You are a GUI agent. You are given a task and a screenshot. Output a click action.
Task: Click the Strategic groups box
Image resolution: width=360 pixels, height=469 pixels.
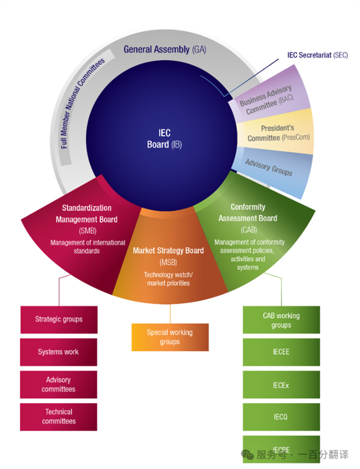tap(58, 320)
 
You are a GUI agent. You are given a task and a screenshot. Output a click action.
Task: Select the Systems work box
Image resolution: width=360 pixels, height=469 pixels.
tap(58, 352)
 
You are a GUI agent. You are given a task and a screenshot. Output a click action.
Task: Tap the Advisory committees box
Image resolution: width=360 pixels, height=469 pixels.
tap(58, 384)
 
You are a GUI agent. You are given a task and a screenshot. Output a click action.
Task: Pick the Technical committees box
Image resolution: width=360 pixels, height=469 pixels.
tap(58, 416)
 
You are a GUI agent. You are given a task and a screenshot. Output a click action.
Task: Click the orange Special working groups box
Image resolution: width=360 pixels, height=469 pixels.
tap(170, 337)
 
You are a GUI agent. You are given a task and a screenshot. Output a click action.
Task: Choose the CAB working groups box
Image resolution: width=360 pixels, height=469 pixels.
tap(281, 320)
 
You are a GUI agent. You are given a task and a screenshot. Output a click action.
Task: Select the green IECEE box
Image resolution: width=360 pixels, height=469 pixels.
tap(281, 352)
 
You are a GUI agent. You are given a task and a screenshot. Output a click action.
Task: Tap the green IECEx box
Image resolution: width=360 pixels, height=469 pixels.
tap(281, 385)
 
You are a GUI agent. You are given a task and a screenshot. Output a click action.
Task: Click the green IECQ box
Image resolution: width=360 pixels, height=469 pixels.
tap(281, 417)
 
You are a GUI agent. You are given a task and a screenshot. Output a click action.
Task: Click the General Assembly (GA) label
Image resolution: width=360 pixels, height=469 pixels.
tap(164, 50)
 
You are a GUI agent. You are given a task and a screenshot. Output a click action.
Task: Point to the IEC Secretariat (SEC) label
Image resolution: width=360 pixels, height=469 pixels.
tap(317, 55)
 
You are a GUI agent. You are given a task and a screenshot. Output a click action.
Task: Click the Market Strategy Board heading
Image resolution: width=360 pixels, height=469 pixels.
tap(169, 251)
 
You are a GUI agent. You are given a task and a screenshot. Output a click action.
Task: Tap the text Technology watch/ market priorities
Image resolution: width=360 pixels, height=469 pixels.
tap(167, 279)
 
